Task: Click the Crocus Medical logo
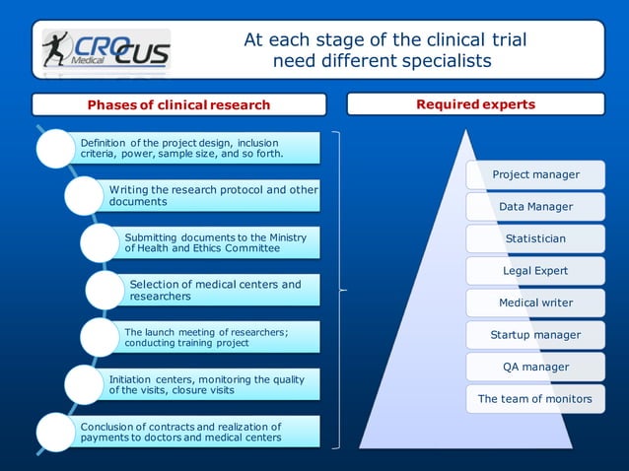pyautogui.click(x=105, y=49)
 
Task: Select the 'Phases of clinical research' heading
pyautogui.click(x=178, y=104)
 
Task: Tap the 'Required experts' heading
pyautogui.click(x=475, y=103)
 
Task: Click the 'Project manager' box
pyautogui.click(x=535, y=174)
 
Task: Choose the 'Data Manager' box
pyautogui.click(x=535, y=207)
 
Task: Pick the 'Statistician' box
pyautogui.click(x=535, y=238)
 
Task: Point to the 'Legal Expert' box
pyautogui.click(x=535, y=270)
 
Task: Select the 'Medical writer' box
pyautogui.click(x=535, y=303)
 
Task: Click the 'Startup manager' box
pyautogui.click(x=535, y=335)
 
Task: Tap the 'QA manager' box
pyautogui.click(x=535, y=367)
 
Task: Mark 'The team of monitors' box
pyautogui.click(x=535, y=399)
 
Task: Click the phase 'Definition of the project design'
pyautogui.click(x=197, y=148)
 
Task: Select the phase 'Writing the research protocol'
pyautogui.click(x=213, y=195)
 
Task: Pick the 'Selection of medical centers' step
pyautogui.click(x=221, y=290)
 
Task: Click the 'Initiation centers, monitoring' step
pyautogui.click(x=211, y=384)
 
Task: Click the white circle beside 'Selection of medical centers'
pyautogui.click(x=105, y=290)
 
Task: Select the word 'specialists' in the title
pyautogui.click(x=444, y=61)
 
